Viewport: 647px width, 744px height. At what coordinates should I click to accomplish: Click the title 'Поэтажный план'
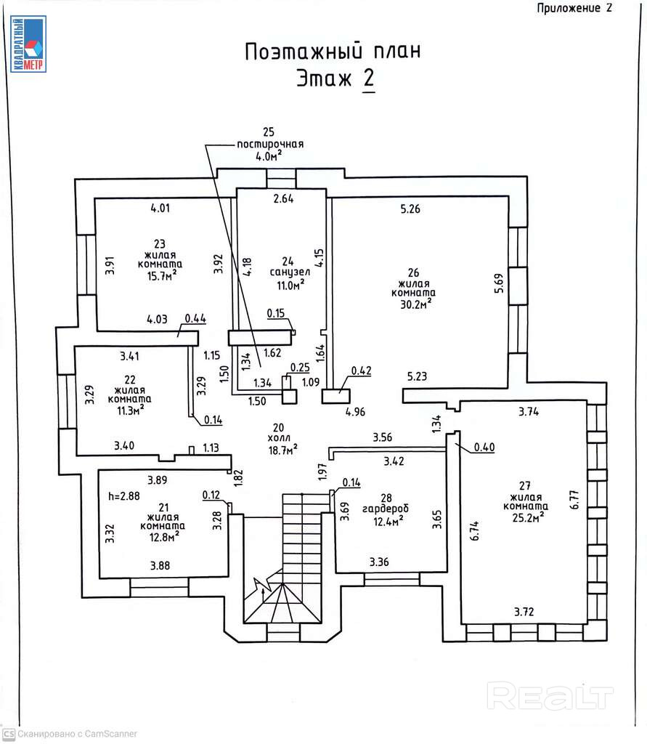tap(332, 52)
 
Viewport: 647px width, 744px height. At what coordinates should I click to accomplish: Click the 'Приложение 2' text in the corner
tap(574, 8)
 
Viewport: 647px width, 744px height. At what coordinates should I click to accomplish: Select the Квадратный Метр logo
tap(28, 44)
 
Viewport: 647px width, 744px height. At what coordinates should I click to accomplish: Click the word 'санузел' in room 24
tap(290, 272)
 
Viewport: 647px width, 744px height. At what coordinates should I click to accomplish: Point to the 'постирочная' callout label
tap(270, 144)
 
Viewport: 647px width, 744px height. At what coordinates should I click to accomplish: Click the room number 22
tap(129, 379)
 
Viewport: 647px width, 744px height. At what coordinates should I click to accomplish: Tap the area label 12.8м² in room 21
tap(162, 536)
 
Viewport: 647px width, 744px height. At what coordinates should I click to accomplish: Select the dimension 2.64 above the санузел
tap(282, 200)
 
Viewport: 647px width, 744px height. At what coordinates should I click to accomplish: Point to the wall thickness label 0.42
tap(361, 371)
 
